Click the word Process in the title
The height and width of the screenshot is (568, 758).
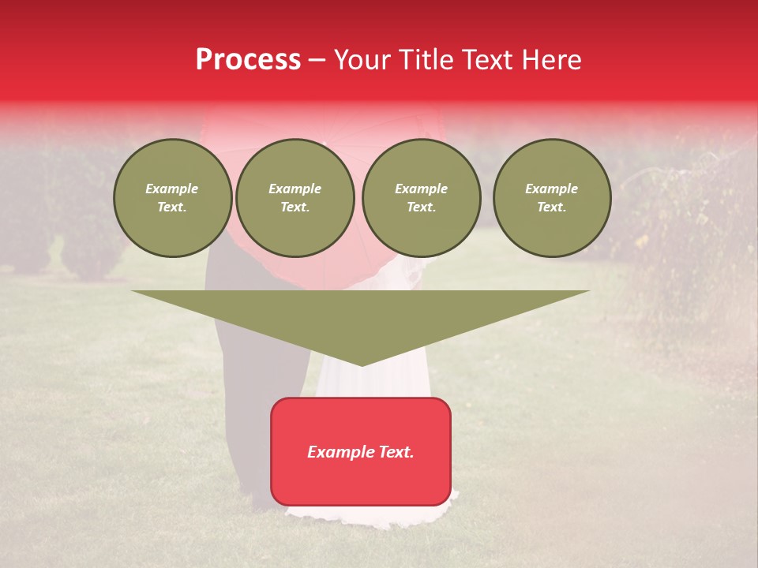248,60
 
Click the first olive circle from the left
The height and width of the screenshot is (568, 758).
172,198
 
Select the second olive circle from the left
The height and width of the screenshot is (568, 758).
295,198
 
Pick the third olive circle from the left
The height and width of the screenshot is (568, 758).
421,198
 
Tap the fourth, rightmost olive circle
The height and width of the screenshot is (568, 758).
551,198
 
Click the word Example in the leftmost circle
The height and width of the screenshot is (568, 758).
172,189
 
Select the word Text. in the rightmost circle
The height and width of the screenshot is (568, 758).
551,207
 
